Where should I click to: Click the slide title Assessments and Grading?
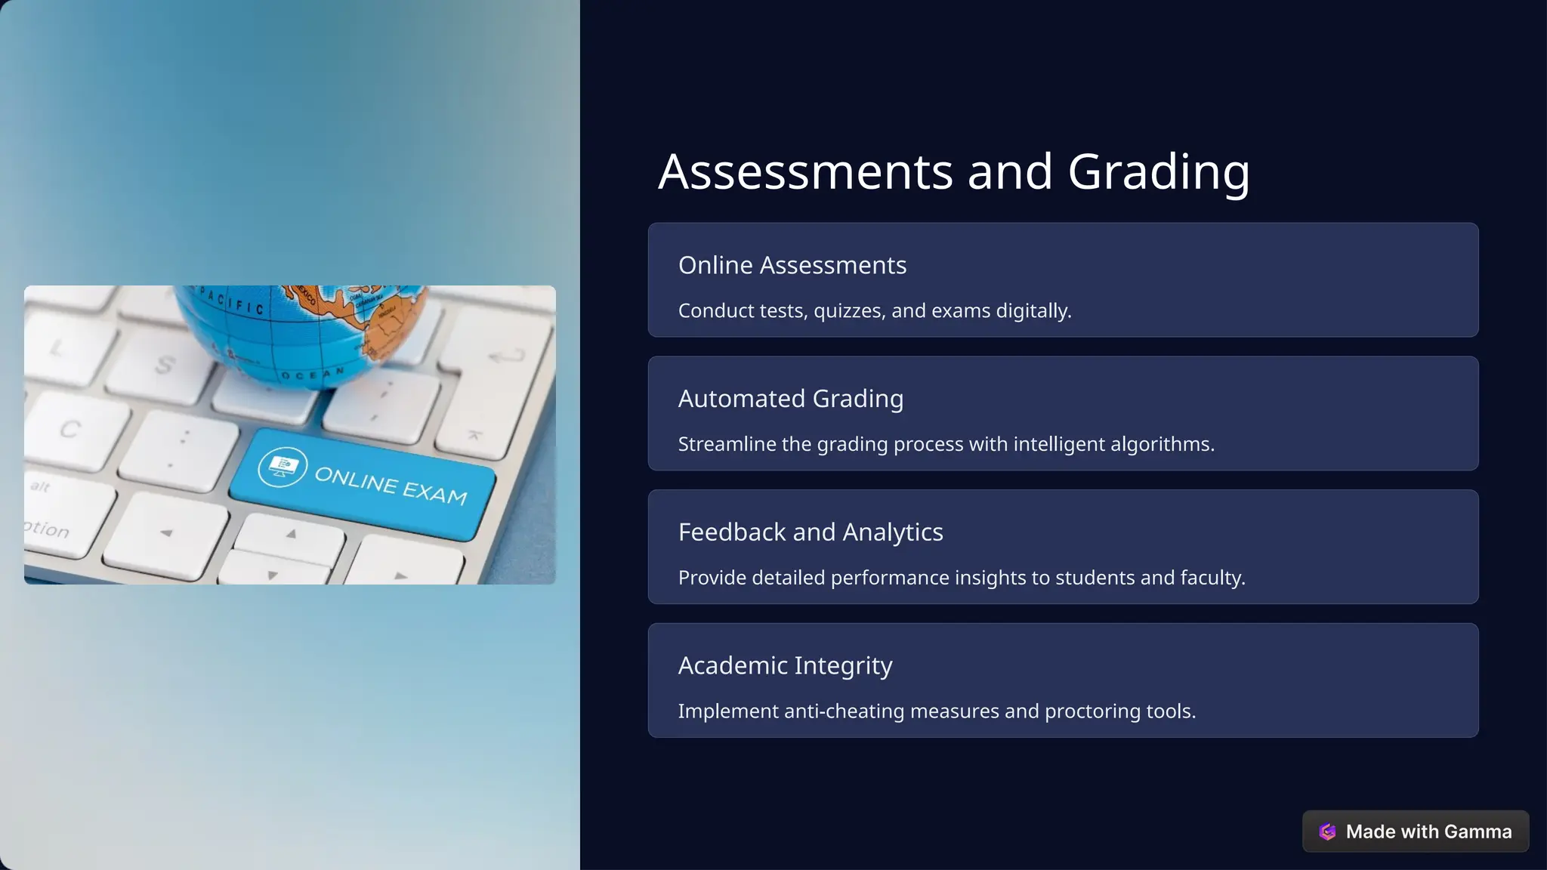pos(953,172)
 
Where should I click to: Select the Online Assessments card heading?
pos(792,266)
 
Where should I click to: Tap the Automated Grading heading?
pos(790,399)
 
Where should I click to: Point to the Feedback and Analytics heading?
pos(810,532)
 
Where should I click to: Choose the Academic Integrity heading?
pos(785,666)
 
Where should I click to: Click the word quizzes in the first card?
pos(848,311)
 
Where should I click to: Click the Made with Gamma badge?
pos(1415,831)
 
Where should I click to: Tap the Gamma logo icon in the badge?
pos(1327,831)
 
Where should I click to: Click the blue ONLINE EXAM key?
pos(363,483)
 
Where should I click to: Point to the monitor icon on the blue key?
pos(282,467)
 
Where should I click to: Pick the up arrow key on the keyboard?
pos(291,535)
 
